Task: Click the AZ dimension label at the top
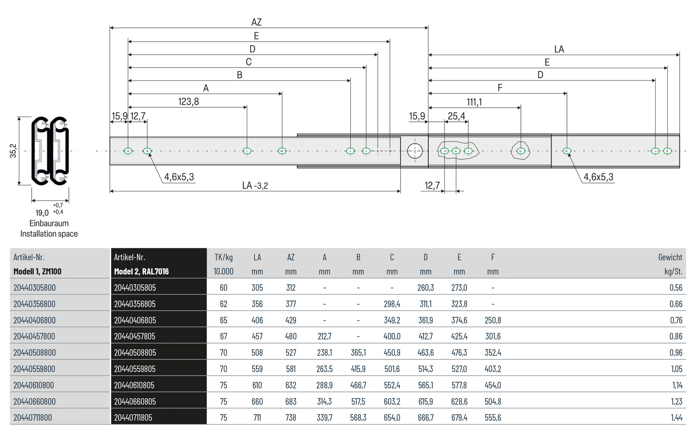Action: [256, 22]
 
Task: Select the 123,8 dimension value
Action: [188, 101]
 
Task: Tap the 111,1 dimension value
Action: [474, 102]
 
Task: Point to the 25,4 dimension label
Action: [456, 116]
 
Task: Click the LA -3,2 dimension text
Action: [255, 186]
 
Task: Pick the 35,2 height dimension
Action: [13, 151]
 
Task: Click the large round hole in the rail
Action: [415, 151]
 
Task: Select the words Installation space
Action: [49, 234]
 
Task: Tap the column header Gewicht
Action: [670, 257]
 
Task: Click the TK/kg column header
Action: [223, 257]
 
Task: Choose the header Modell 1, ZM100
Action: [37, 272]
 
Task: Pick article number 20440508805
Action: [135, 352]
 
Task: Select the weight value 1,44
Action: [676, 418]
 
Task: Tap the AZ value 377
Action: [291, 304]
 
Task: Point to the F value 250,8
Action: [493, 320]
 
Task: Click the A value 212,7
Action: [324, 336]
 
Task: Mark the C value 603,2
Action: [392, 401]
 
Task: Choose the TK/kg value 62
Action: [223, 304]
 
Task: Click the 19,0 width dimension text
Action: [42, 213]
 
